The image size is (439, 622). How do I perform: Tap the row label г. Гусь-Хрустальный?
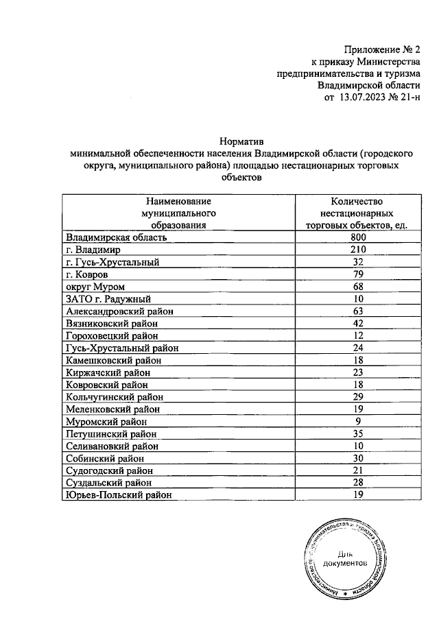pos(112,262)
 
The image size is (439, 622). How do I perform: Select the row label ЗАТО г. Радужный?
pos(108,299)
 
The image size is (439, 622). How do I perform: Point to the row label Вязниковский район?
pos(112,324)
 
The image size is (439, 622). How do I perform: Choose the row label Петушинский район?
pos(112,434)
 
